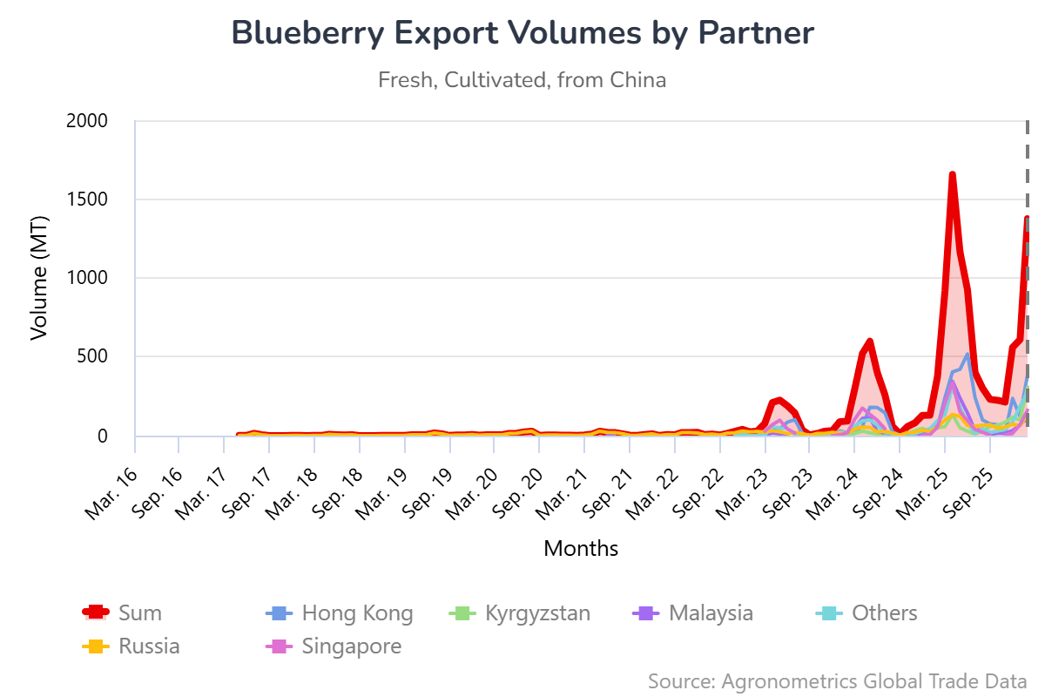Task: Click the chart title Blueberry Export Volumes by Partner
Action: click(522, 33)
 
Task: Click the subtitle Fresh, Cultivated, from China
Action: click(522, 80)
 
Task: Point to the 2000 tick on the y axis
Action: click(86, 120)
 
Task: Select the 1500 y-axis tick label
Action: click(86, 200)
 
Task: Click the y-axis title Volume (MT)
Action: click(40, 279)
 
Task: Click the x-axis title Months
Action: click(581, 549)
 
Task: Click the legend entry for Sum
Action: click(122, 612)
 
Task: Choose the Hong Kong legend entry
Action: click(340, 612)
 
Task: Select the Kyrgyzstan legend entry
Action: click(520, 612)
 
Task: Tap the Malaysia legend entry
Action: click(693, 612)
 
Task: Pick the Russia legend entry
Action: click(131, 646)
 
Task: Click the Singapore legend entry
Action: click(334, 646)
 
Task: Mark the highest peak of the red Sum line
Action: click(953, 174)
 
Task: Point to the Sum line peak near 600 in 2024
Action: click(870, 341)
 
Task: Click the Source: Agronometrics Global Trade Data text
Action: click(837, 680)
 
